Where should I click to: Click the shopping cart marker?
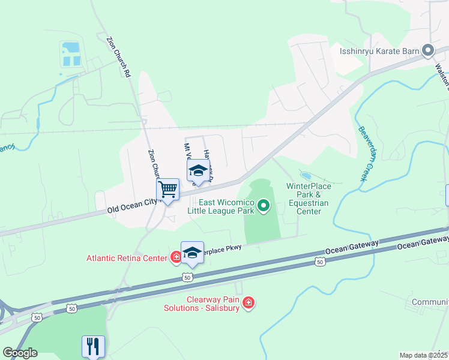pos(168,190)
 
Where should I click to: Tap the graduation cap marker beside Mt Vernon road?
pos(198,171)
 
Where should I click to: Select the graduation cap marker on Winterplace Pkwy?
pos(192,253)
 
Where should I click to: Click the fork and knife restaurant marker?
pos(93,346)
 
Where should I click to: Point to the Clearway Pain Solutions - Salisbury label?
pos(202,303)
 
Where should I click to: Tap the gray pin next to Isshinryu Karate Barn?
pos(428,51)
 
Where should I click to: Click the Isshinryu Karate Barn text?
pos(379,52)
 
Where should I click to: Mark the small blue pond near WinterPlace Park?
pos(306,176)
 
